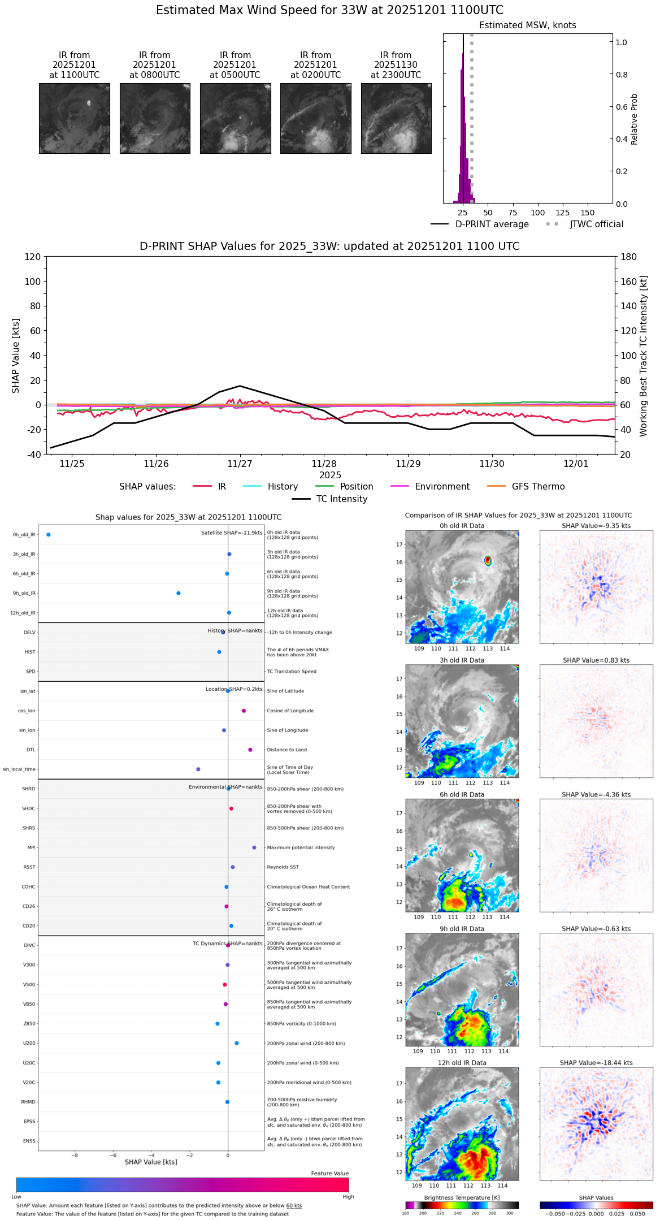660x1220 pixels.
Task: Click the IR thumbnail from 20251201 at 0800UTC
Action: [x=155, y=118]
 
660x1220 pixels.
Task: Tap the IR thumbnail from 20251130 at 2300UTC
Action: [x=396, y=118]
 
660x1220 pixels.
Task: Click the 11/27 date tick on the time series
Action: [x=240, y=464]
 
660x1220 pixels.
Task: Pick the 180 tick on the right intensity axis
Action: [x=629, y=257]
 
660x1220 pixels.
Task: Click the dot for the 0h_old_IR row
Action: [x=49, y=535]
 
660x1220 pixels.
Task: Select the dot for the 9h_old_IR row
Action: [x=179, y=594]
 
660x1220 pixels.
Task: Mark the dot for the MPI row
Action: [x=254, y=847]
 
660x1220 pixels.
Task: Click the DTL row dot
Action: [x=250, y=750]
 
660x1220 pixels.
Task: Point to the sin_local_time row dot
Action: [x=198, y=769]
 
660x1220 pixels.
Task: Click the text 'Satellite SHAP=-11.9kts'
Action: [x=232, y=533]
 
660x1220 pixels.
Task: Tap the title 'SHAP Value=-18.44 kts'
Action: [x=596, y=1063]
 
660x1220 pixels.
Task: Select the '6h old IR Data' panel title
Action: [x=462, y=795]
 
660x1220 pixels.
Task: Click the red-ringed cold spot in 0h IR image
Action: [x=488, y=560]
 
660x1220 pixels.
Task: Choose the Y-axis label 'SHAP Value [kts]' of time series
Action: [x=16, y=356]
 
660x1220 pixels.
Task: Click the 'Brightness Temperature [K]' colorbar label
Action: [x=462, y=1198]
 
